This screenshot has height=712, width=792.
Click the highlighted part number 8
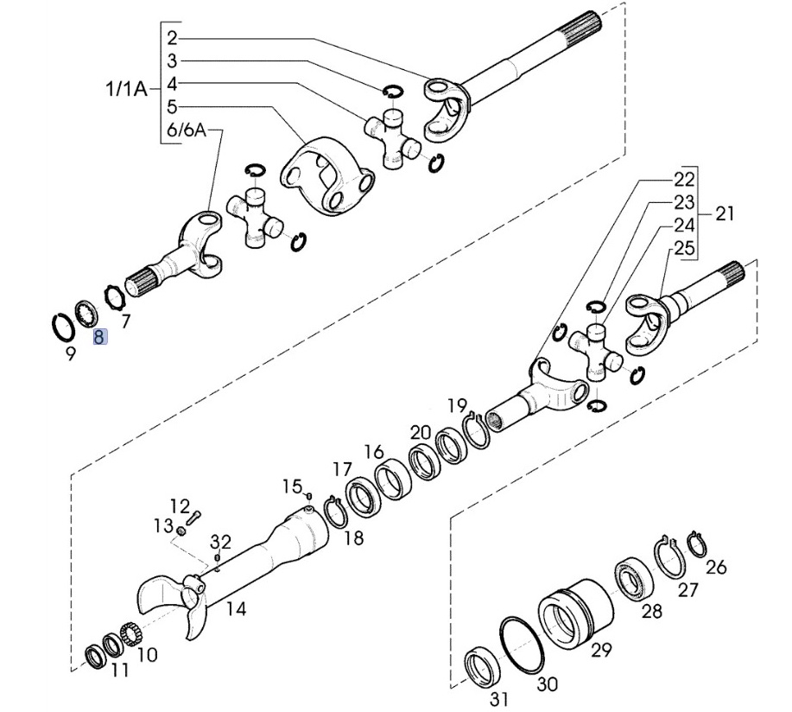tap(98, 336)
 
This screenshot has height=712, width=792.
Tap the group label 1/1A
tap(126, 90)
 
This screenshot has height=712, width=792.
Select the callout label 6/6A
tap(187, 130)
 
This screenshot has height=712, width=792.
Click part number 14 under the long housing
tap(236, 609)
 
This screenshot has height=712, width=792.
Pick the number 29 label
tap(601, 650)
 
